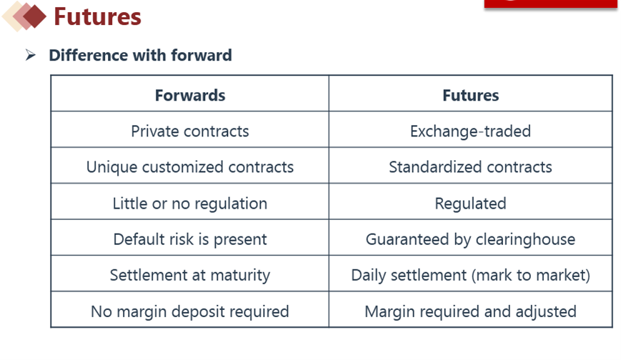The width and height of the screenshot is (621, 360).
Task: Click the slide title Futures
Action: pos(97,16)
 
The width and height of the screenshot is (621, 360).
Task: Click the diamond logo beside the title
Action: pos(24,16)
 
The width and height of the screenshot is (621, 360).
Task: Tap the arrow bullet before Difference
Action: pos(31,55)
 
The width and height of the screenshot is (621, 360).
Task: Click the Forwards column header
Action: pos(190,96)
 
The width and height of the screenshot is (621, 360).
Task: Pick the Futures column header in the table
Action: pos(470,96)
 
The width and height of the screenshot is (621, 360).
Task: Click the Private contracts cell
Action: pos(190,131)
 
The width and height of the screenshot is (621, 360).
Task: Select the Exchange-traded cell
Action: pos(470,131)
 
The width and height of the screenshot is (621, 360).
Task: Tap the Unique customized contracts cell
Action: pos(190,167)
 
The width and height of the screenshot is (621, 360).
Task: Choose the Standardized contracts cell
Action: pos(470,167)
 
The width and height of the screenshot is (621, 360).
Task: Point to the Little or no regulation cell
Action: pos(190,204)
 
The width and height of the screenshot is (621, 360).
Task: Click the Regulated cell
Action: pos(470,204)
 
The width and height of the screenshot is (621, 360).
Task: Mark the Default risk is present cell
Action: pos(190,239)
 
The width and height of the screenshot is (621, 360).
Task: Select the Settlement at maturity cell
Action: pos(190,275)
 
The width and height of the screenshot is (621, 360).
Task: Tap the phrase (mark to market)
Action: pos(531,275)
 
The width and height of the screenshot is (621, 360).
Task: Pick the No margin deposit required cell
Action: pos(190,311)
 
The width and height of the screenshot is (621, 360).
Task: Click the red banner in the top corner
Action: pos(551,4)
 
